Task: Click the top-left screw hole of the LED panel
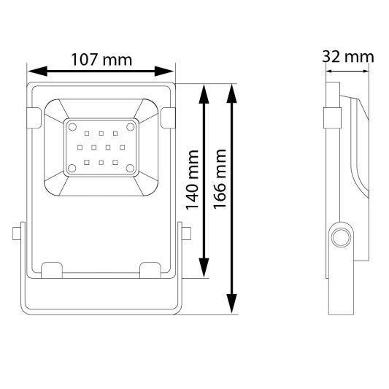pyautogui.click(x=72, y=126)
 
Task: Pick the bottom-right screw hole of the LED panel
pyautogui.click(x=131, y=169)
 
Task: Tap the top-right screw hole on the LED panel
pyautogui.click(x=131, y=126)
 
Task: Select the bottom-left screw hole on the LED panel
pyautogui.click(x=72, y=169)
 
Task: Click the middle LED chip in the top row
pyautogui.click(x=101, y=134)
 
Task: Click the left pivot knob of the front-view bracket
pyautogui.click(x=17, y=235)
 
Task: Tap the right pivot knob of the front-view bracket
pyautogui.click(x=186, y=235)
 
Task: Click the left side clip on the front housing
pyautogui.click(x=34, y=116)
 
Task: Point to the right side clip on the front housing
pyautogui.click(x=168, y=116)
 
